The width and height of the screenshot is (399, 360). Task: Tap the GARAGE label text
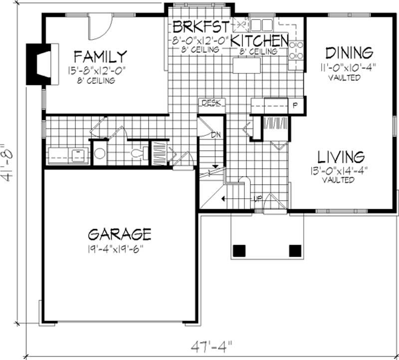(120, 234)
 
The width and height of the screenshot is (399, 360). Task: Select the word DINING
(349, 52)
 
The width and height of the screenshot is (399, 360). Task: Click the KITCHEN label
(259, 40)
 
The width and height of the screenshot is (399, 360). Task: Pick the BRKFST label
(201, 26)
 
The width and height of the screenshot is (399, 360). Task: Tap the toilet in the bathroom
(138, 152)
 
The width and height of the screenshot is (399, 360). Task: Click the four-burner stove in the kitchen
(297, 50)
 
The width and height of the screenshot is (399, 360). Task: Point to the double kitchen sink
(261, 24)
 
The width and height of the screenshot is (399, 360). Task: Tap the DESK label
(212, 103)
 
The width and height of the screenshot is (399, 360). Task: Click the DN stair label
(216, 135)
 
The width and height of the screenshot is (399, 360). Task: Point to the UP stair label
(258, 198)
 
